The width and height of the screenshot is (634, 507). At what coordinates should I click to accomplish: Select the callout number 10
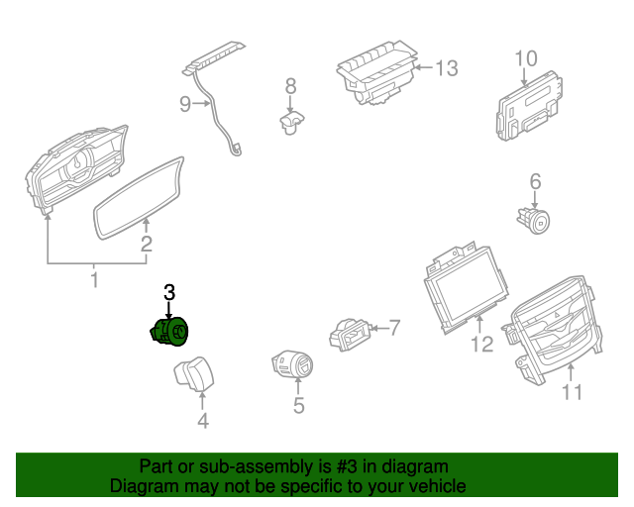point(525,58)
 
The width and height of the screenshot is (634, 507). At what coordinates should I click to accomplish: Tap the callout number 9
point(185,104)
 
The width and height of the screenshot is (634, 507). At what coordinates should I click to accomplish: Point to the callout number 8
point(290,86)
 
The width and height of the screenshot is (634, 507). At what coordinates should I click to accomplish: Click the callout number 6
point(535,181)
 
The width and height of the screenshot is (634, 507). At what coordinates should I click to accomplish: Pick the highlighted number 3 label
point(169,292)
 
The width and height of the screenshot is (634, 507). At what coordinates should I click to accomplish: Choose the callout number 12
point(481,345)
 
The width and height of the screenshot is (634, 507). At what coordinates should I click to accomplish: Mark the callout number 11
point(572,393)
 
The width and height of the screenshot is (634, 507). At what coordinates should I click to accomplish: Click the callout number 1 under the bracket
point(95,280)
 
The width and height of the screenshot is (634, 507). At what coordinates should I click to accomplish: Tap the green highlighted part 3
point(170,332)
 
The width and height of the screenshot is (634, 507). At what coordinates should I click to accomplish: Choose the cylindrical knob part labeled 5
point(293,365)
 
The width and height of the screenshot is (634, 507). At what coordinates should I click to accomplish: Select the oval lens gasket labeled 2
point(140,196)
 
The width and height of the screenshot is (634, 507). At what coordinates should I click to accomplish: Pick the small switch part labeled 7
point(348,334)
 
